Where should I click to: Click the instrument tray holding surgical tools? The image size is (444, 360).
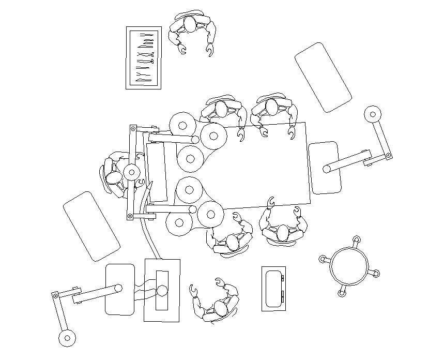(144, 58)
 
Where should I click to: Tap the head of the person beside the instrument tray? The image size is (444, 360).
(190, 24)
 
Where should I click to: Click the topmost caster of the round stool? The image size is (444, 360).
(355, 239)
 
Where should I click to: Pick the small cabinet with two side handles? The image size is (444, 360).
(273, 289)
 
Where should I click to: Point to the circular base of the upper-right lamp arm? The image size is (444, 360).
(372, 114)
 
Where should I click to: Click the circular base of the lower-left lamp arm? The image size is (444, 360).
(66, 338)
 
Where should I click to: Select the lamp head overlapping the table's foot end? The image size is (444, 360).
(325, 168)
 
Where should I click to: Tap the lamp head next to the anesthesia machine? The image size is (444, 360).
(120, 289)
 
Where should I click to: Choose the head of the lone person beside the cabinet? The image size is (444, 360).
(221, 309)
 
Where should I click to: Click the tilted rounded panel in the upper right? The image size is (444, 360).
(323, 77)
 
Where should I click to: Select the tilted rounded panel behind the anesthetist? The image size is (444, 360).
(91, 226)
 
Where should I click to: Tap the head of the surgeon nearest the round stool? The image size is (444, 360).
(282, 233)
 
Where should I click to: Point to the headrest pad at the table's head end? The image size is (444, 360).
(157, 172)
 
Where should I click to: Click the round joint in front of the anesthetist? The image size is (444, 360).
(132, 171)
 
